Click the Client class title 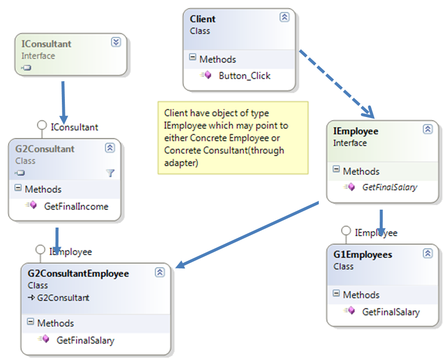click(x=203, y=19)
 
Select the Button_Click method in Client click(x=244, y=76)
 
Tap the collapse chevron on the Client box click(x=284, y=17)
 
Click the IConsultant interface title click(x=46, y=44)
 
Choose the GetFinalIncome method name click(x=76, y=207)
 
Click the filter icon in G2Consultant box click(x=110, y=173)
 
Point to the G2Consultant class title click(x=45, y=149)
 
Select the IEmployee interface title click(x=355, y=131)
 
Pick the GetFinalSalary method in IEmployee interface click(x=389, y=188)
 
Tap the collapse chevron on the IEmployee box click(x=428, y=129)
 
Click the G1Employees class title click(x=362, y=255)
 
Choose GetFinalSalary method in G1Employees click(x=390, y=312)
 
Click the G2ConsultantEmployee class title click(x=78, y=274)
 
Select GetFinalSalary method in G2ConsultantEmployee click(x=85, y=341)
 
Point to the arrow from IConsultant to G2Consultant click(x=63, y=97)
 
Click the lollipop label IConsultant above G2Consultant click(x=74, y=127)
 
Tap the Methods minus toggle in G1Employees click(x=336, y=294)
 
